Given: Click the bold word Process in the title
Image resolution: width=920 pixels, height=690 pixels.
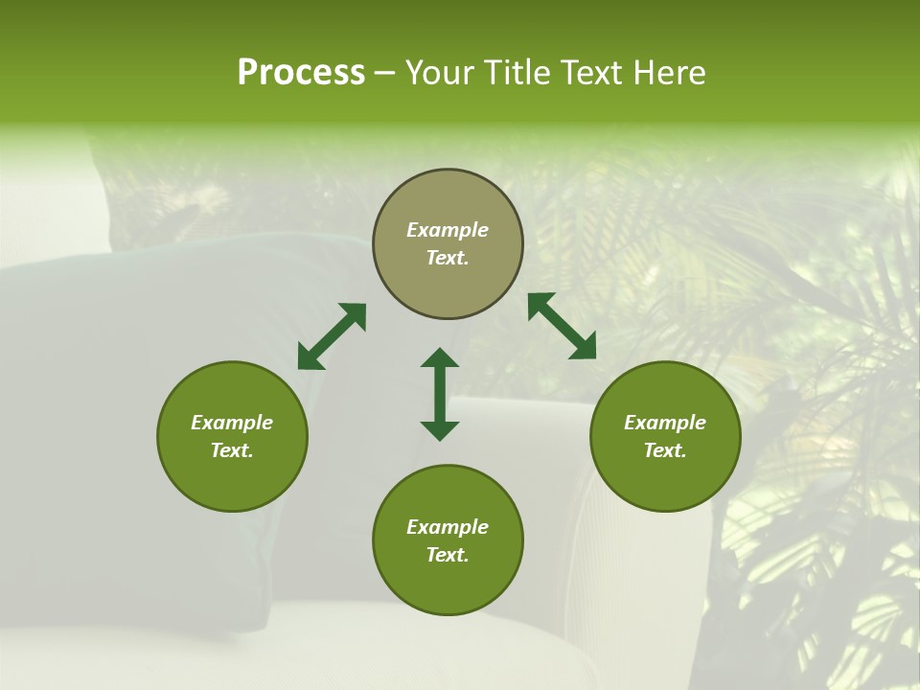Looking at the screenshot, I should (x=301, y=73).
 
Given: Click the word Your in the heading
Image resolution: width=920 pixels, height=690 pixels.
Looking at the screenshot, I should (x=441, y=73).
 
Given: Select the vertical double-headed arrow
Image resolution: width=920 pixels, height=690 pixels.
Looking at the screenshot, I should (x=440, y=394).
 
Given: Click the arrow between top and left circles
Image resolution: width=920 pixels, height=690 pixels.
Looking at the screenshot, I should (x=332, y=336).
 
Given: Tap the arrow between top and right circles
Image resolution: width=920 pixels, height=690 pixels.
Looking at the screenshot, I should (x=562, y=326).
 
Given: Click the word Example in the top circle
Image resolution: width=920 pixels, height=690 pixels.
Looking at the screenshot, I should (x=448, y=230).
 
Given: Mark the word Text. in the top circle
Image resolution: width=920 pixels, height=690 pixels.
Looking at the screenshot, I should (x=448, y=258).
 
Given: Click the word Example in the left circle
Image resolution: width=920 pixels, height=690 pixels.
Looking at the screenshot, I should (x=232, y=423).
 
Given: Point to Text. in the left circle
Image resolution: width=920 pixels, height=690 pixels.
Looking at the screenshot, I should (x=232, y=450).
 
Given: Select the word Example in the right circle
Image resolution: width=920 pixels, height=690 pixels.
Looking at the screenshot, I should (x=665, y=423).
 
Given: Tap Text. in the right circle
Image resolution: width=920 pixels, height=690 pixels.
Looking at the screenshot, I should (x=665, y=450).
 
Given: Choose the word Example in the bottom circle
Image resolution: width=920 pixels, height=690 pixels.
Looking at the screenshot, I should (x=448, y=527).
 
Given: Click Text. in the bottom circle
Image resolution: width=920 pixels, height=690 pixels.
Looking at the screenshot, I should (x=448, y=555).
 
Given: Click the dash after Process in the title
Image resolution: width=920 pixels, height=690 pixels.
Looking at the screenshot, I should (x=384, y=74).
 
